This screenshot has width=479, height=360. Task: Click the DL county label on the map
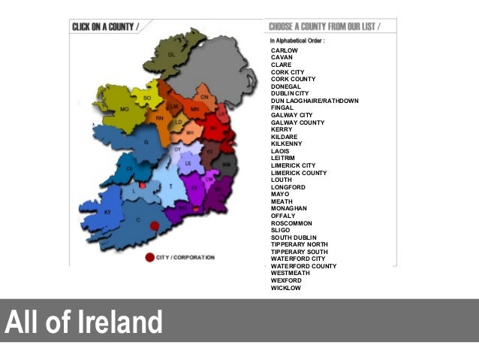click(x=172, y=55)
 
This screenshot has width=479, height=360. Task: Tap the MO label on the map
click(x=104, y=109)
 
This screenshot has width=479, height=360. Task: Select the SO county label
click(x=147, y=98)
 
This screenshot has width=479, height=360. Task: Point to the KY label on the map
click(x=107, y=213)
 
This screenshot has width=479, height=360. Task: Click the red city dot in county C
click(x=155, y=225)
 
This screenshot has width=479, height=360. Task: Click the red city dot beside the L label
click(x=143, y=184)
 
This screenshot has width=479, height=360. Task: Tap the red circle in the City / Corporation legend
click(x=149, y=258)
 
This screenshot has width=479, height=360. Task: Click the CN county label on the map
click(x=203, y=97)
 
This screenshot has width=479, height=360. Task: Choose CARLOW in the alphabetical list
click(x=285, y=50)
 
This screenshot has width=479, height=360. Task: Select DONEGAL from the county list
click(x=286, y=86)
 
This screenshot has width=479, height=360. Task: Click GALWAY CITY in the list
click(x=292, y=115)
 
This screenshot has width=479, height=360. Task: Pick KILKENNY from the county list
click(x=287, y=144)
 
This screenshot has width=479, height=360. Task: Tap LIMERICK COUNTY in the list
click(x=299, y=173)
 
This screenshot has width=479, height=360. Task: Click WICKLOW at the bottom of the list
click(x=286, y=288)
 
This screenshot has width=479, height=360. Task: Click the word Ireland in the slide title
click(x=119, y=322)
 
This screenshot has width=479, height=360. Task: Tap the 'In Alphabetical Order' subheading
click(x=297, y=41)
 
